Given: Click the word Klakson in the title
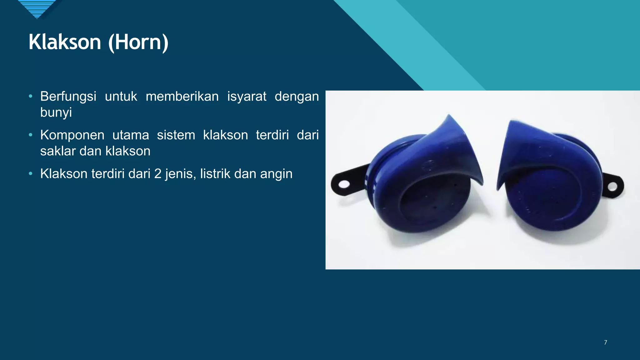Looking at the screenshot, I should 65,42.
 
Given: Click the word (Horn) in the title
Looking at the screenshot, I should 138,42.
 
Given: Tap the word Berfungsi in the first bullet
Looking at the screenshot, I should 68,97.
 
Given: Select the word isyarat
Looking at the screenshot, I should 247,97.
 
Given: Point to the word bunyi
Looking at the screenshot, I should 56,112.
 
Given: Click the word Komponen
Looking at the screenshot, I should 72,135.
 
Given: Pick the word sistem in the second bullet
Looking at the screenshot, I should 176,135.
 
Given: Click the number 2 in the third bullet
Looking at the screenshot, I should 158,174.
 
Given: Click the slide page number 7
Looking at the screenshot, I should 605,342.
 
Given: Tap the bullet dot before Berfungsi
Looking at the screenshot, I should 30,96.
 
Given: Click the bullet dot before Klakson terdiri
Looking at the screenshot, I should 30,173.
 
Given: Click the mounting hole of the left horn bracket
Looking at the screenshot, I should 344,184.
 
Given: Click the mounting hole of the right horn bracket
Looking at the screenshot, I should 612,187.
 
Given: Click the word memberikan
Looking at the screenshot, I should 182,97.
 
